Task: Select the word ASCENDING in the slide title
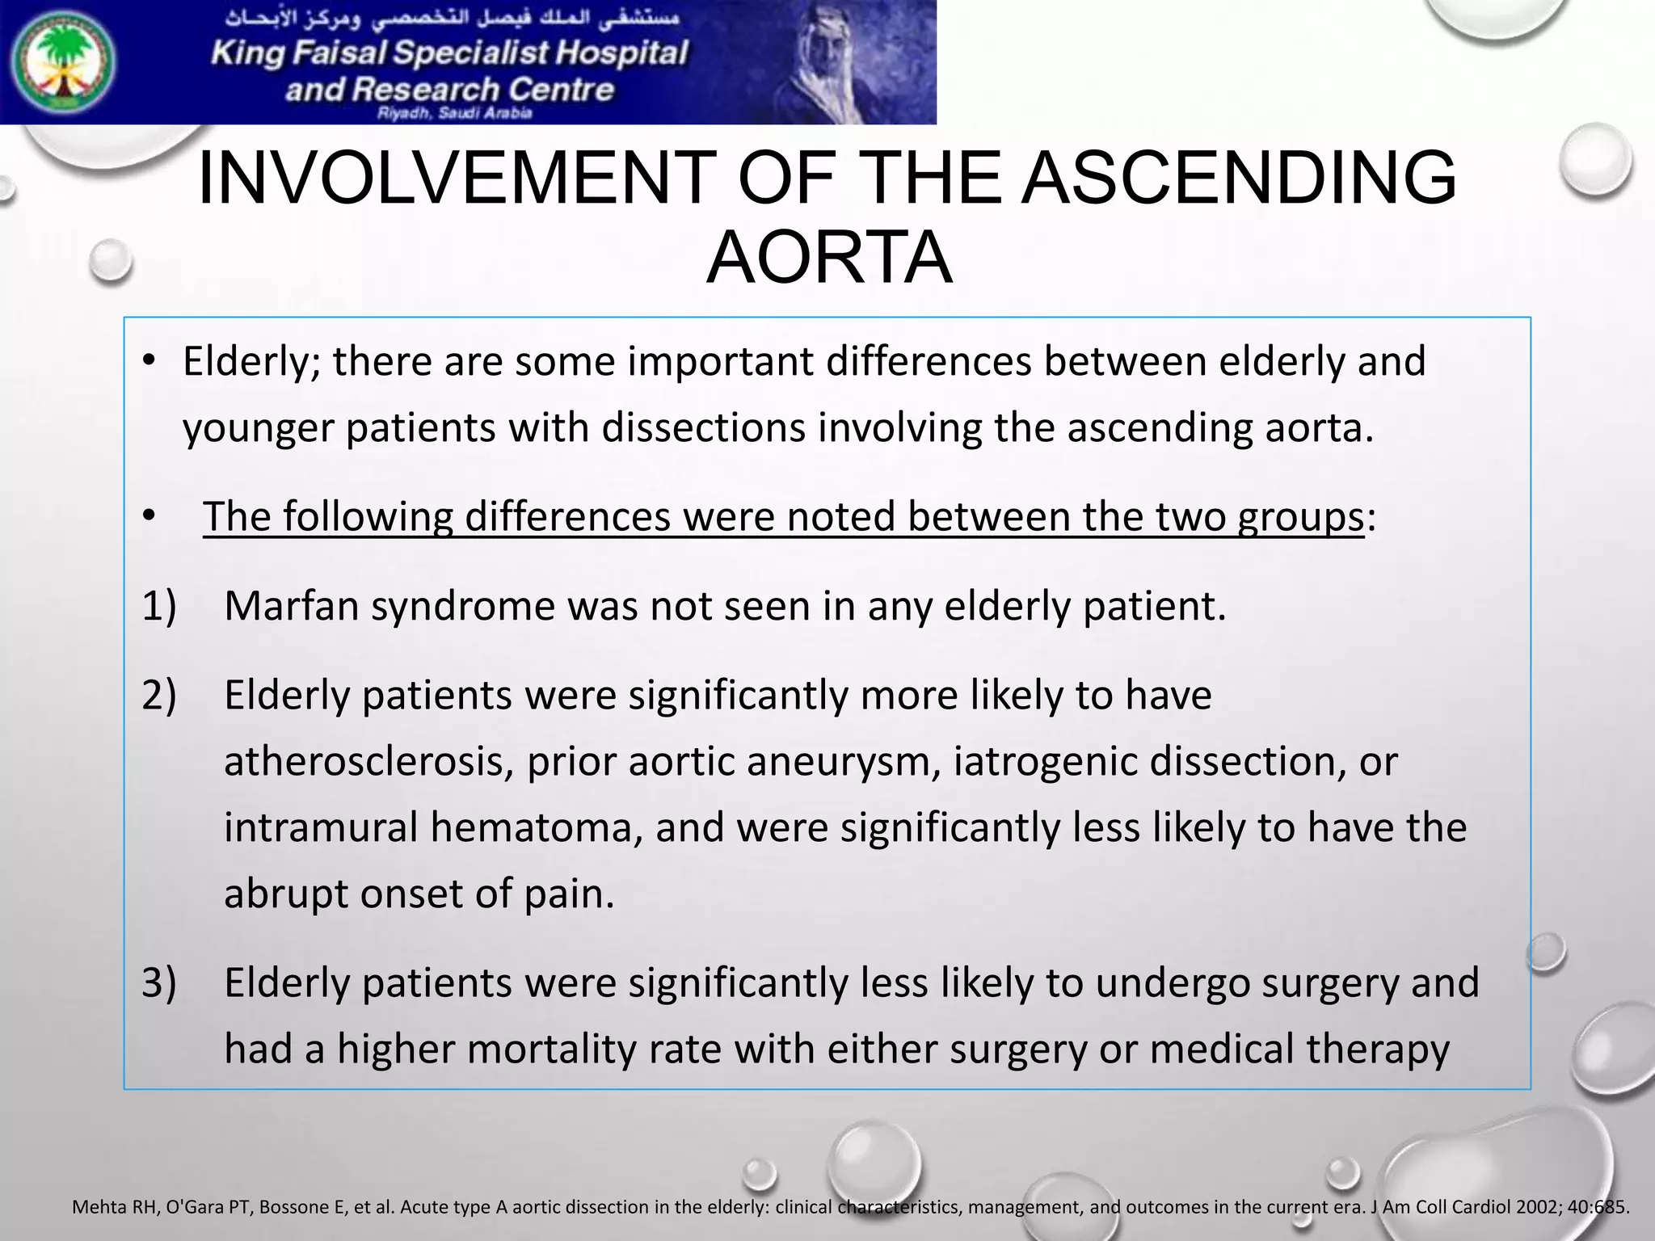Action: pyautogui.click(x=1239, y=179)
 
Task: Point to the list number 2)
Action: pyautogui.click(x=159, y=695)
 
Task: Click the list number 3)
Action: pyautogui.click(x=159, y=983)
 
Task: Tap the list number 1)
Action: pyautogui.click(x=159, y=606)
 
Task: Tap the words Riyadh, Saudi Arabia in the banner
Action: pyautogui.click(x=454, y=114)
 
